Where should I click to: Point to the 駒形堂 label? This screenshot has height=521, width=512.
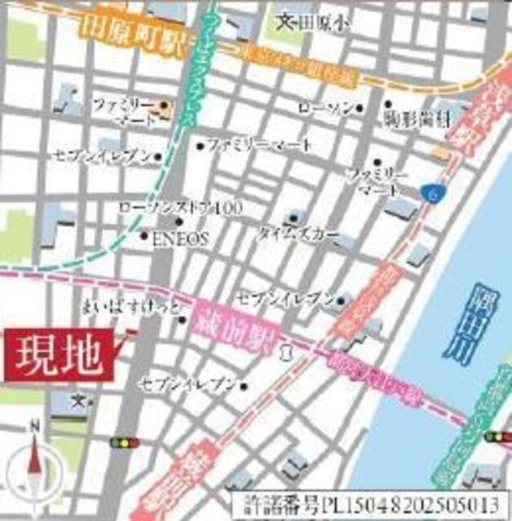coord(417,120)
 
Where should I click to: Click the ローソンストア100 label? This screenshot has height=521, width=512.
coord(180,208)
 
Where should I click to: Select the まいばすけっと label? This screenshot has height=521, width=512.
coord(132,309)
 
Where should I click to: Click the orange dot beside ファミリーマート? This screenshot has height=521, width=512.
coord(164,106)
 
